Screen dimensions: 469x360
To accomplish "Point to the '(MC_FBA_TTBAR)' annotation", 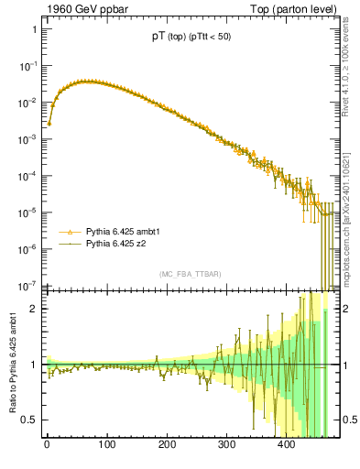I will point(190,275).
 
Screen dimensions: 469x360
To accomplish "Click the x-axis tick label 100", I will point(106,445).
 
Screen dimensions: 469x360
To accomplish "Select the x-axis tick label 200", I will point(167,445).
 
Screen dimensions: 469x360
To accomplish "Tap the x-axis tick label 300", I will point(226,445).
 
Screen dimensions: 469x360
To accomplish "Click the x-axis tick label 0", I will point(47,445).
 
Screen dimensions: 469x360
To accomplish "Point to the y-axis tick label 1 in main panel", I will point(34,29).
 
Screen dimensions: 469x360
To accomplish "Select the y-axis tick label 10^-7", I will point(28,285).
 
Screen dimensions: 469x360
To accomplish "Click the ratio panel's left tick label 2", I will point(34,309).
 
